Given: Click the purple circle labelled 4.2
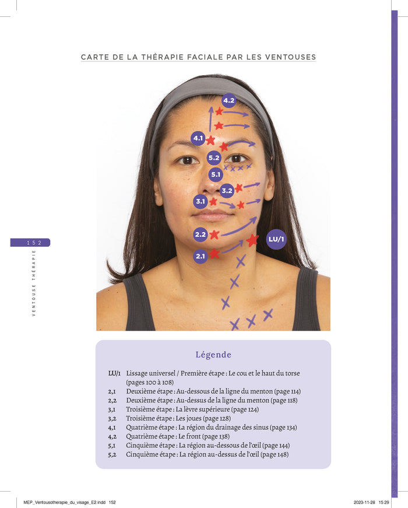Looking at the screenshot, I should pyautogui.click(x=229, y=100).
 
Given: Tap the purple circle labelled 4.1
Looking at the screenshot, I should pyautogui.click(x=198, y=138).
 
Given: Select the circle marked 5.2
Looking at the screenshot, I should pyautogui.click(x=214, y=157).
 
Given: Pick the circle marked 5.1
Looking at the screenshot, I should pyautogui.click(x=216, y=174).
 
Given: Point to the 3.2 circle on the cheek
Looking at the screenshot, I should pyautogui.click(x=227, y=190).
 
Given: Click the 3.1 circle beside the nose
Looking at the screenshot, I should pyautogui.click(x=201, y=202).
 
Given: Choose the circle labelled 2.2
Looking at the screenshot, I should pyautogui.click(x=201, y=234).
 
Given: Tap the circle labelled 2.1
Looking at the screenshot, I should pyautogui.click(x=201, y=256).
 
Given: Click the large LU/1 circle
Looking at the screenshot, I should pyautogui.click(x=276, y=239).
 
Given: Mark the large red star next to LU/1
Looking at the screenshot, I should pyautogui.click(x=252, y=240).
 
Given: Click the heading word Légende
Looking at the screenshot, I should pyautogui.click(x=213, y=355).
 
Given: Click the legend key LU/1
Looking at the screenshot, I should pyautogui.click(x=114, y=373).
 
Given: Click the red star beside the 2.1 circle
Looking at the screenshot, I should pyautogui.click(x=214, y=254).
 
